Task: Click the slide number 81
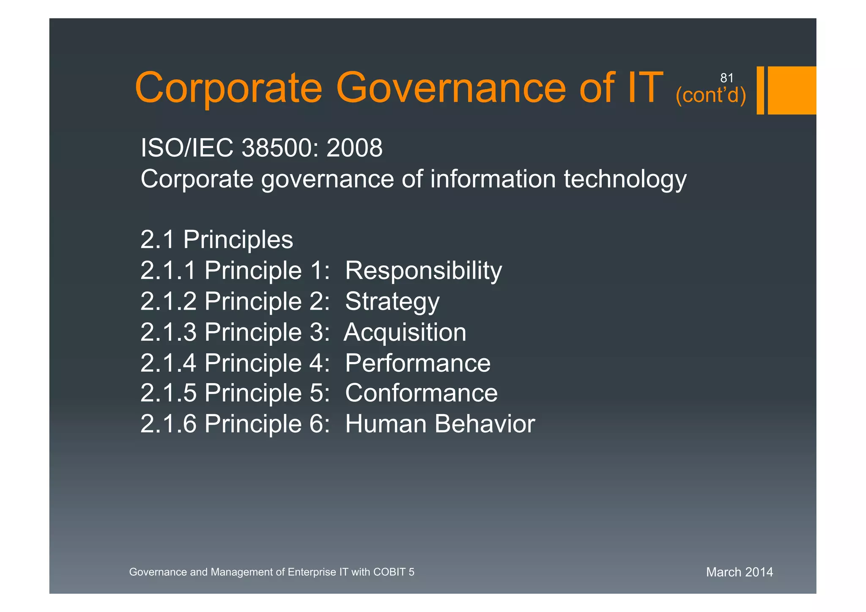[x=726, y=78]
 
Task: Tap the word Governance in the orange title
[x=450, y=88]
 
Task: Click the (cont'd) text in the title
[x=711, y=95]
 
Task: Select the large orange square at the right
[x=792, y=90]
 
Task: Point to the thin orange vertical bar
[x=760, y=90]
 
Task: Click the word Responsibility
[x=423, y=271]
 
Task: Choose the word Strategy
[x=392, y=302]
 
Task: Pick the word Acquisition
[x=405, y=332]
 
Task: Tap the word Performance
[x=417, y=363]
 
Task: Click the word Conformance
[x=421, y=393]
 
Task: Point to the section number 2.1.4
[x=168, y=363]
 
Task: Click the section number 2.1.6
[x=168, y=424]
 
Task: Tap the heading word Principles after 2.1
[x=238, y=240]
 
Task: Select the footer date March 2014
[x=739, y=572]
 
